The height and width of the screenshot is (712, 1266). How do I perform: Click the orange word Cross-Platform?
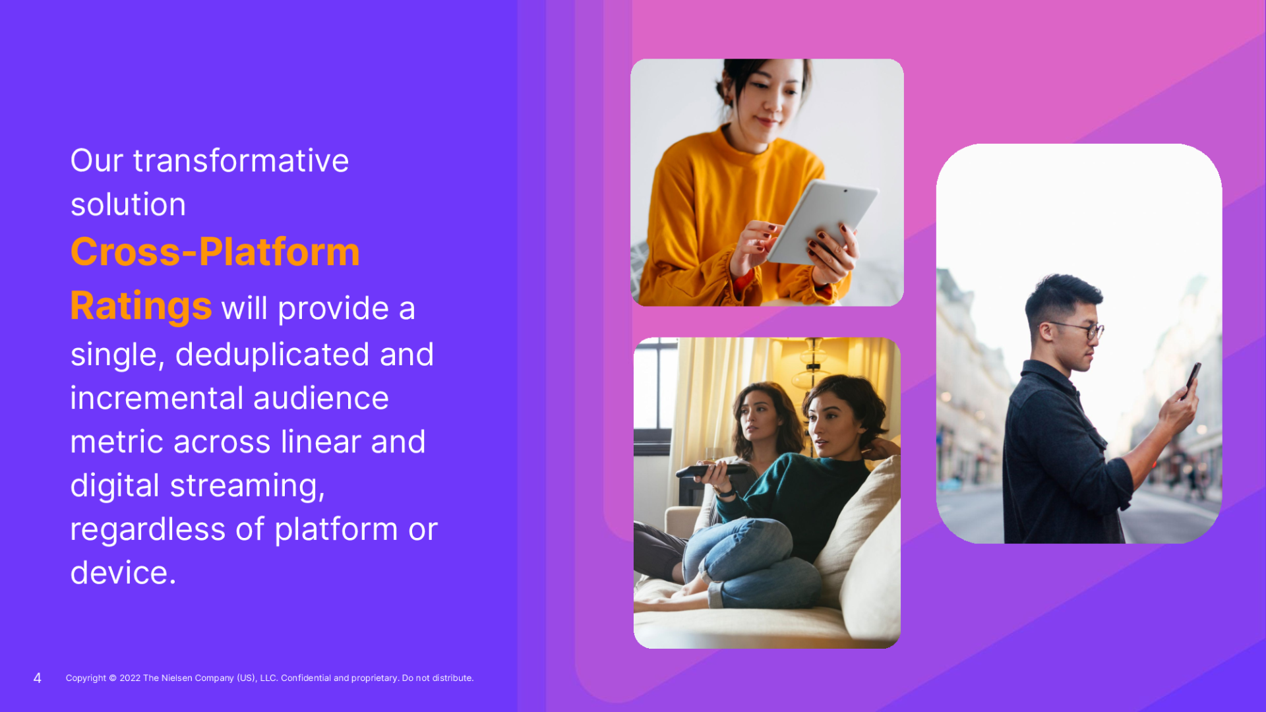tap(215, 252)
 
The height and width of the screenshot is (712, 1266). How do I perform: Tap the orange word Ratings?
tap(141, 307)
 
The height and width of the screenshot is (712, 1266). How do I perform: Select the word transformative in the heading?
tap(241, 161)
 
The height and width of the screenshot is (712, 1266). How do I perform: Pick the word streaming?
tap(247, 486)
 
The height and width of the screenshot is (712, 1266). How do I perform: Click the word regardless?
tap(148, 529)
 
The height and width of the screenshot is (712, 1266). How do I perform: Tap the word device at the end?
tap(119, 572)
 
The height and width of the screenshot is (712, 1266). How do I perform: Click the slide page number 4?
tap(38, 678)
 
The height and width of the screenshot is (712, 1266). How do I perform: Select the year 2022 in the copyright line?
tap(130, 678)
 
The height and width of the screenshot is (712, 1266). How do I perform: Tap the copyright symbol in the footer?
tap(113, 678)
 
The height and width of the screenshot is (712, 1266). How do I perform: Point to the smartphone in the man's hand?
tap(1193, 378)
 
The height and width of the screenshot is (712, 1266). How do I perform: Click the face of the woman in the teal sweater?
tap(828, 422)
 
